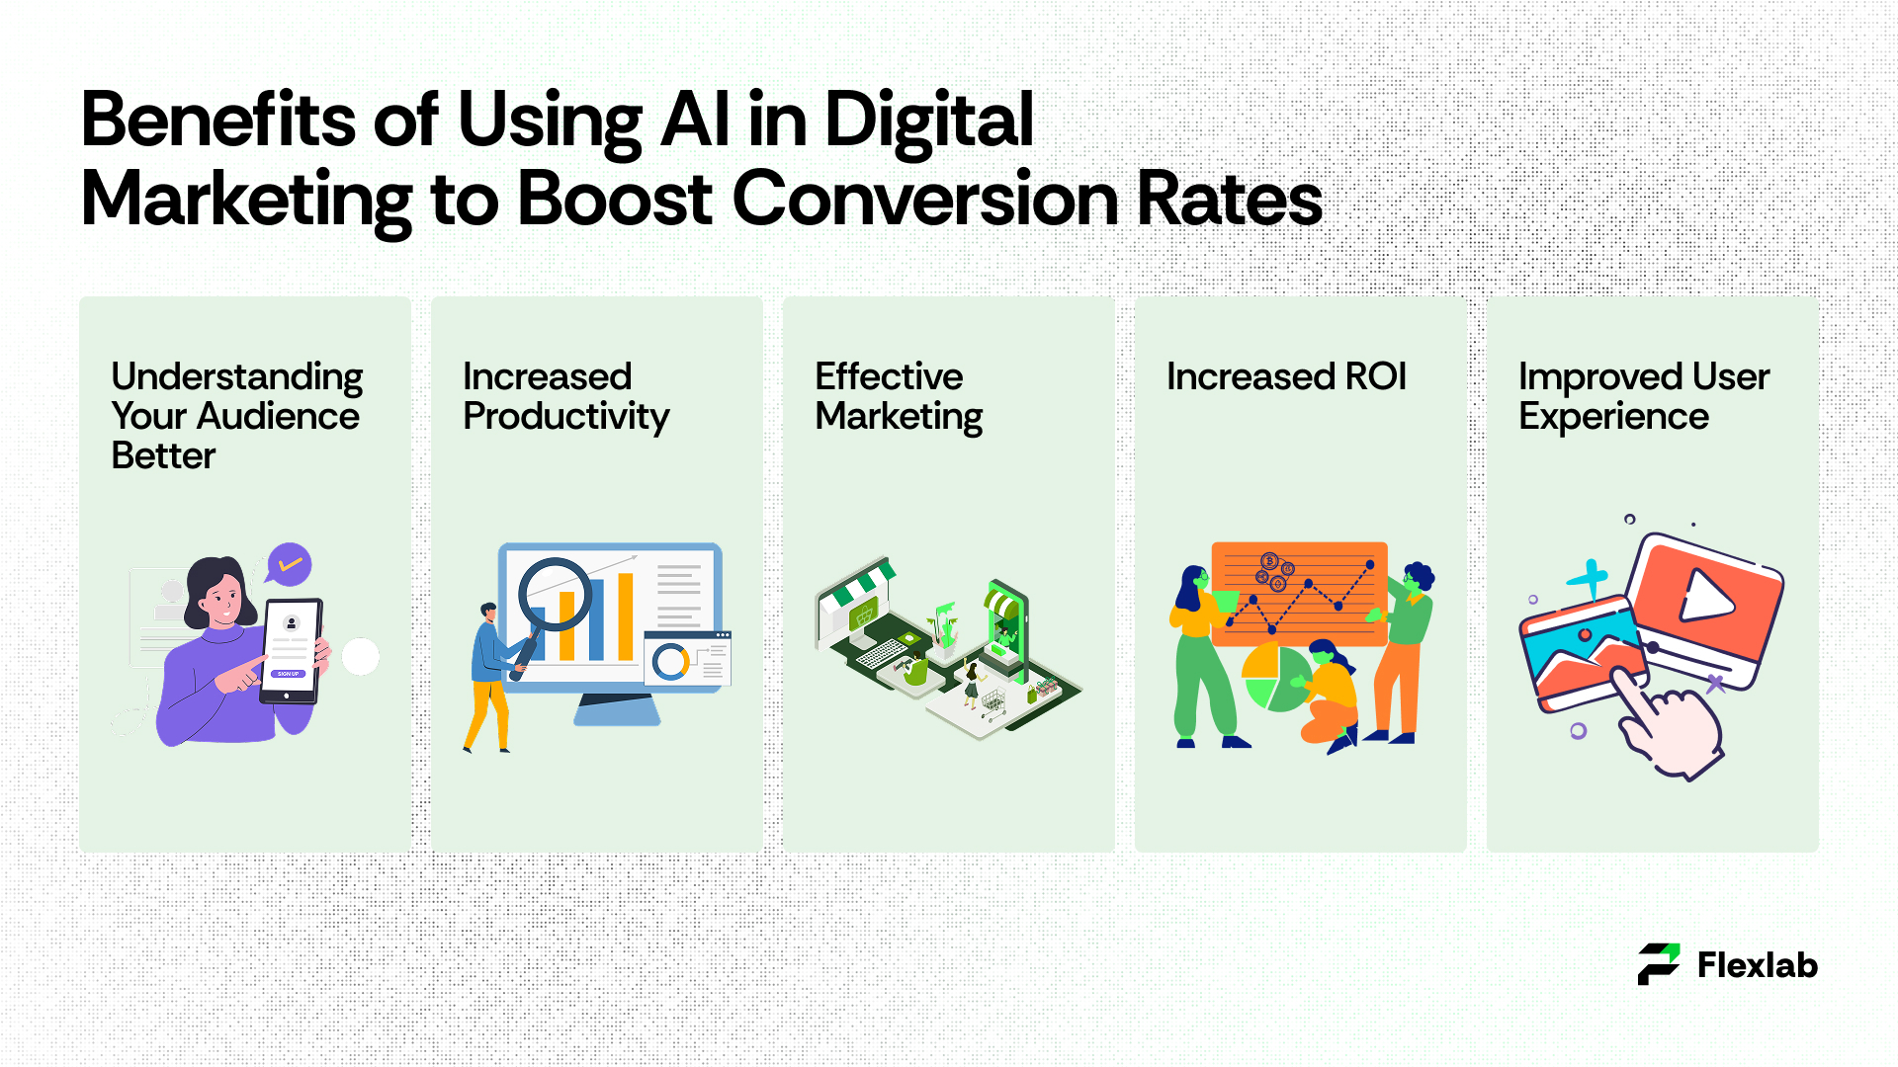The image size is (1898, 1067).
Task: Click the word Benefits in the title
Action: (218, 120)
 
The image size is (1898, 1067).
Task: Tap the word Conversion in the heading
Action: (925, 199)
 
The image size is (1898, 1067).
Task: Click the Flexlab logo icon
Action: (1659, 964)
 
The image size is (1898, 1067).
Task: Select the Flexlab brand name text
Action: (1758, 965)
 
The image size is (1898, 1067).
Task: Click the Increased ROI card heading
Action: (1286, 376)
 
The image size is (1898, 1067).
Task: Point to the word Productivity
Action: (566, 417)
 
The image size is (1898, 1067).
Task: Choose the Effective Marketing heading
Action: (899, 396)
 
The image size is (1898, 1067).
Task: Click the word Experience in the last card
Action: (1613, 417)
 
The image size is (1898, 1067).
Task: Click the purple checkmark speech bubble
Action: (289, 564)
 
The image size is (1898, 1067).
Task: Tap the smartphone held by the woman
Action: (292, 651)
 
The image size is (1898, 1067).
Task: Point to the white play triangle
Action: (1707, 596)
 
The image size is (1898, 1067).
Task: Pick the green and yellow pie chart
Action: (1275, 678)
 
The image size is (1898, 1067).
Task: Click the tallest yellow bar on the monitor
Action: (626, 616)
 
